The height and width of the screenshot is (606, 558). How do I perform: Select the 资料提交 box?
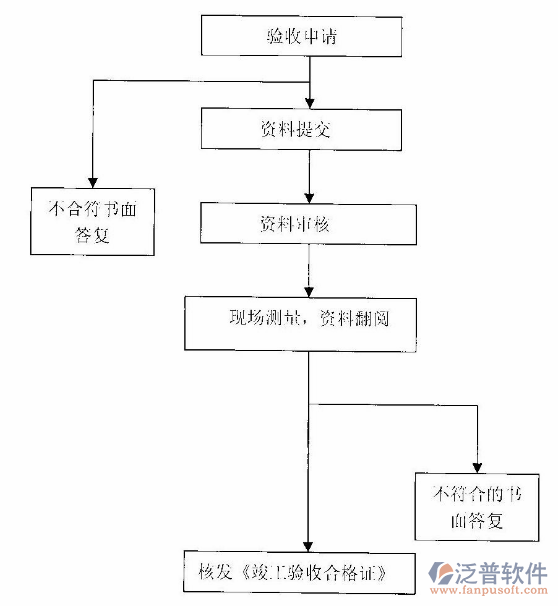click(x=302, y=127)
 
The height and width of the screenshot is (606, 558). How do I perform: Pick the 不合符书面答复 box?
click(x=92, y=221)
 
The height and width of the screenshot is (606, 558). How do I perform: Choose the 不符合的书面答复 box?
click(x=478, y=506)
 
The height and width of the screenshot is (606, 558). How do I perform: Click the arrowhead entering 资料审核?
click(x=309, y=197)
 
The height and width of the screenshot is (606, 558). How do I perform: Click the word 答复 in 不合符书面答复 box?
click(x=92, y=236)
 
